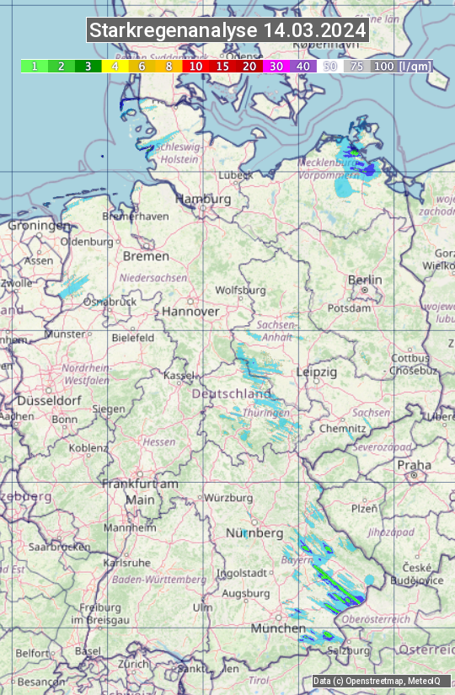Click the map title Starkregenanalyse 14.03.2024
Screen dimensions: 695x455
[227, 31]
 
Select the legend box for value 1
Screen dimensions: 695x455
[34, 66]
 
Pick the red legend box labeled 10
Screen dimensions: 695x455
[195, 66]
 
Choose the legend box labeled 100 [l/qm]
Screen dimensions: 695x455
[402, 66]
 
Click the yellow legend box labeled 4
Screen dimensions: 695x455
[115, 66]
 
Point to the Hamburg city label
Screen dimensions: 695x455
[203, 199]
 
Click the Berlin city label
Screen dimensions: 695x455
[365, 280]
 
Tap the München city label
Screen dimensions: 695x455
[277, 628]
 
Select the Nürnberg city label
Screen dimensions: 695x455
[254, 533]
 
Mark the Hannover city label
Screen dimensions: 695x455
[190, 311]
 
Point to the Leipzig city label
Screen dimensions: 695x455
[317, 372]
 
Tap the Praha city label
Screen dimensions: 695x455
[415, 465]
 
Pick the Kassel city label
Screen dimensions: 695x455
[179, 375]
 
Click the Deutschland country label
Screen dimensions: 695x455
[233, 393]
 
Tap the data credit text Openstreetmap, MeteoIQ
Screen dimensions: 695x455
[377, 681]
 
